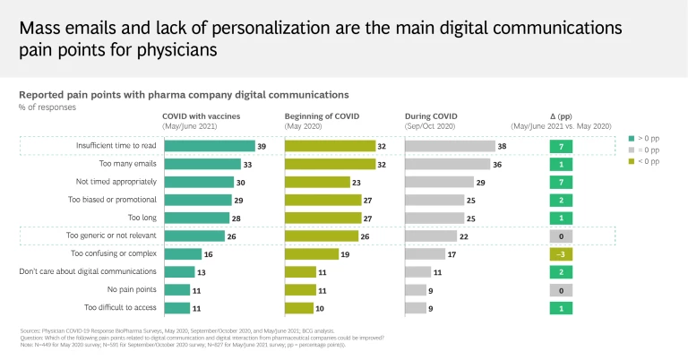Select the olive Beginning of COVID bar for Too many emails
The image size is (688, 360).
pos(317,164)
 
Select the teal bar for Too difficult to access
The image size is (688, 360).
pos(177,308)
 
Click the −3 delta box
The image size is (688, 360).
pos(560,253)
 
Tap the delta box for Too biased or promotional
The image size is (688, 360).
pos(560,200)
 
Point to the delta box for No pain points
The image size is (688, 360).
pos(560,290)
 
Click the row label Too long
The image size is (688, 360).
pos(142,218)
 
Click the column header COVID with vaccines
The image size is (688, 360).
pos(202,116)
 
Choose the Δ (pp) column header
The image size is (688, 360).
pos(560,116)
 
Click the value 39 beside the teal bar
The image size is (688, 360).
pos(262,146)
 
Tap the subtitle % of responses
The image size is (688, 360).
pos(47,107)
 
